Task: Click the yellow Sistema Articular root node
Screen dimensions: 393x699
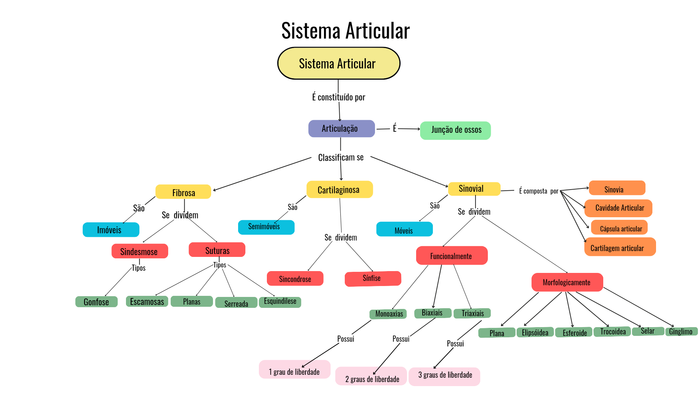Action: point(339,63)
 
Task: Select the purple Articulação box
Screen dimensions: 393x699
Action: point(341,128)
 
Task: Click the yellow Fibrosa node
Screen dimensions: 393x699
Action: point(183,192)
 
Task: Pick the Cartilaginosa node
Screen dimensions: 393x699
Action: point(339,190)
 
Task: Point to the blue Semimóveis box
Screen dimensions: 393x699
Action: point(266,227)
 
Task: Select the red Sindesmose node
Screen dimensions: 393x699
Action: point(139,251)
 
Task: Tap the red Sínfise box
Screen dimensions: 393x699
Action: point(372,278)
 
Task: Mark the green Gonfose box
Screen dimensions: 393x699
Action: point(96,302)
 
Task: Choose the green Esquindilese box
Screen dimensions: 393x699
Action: point(280,302)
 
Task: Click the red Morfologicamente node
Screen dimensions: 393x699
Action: point(567,282)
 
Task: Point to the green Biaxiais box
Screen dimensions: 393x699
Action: point(433,313)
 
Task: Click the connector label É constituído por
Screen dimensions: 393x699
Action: point(338,97)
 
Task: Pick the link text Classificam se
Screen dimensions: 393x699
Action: point(341,158)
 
